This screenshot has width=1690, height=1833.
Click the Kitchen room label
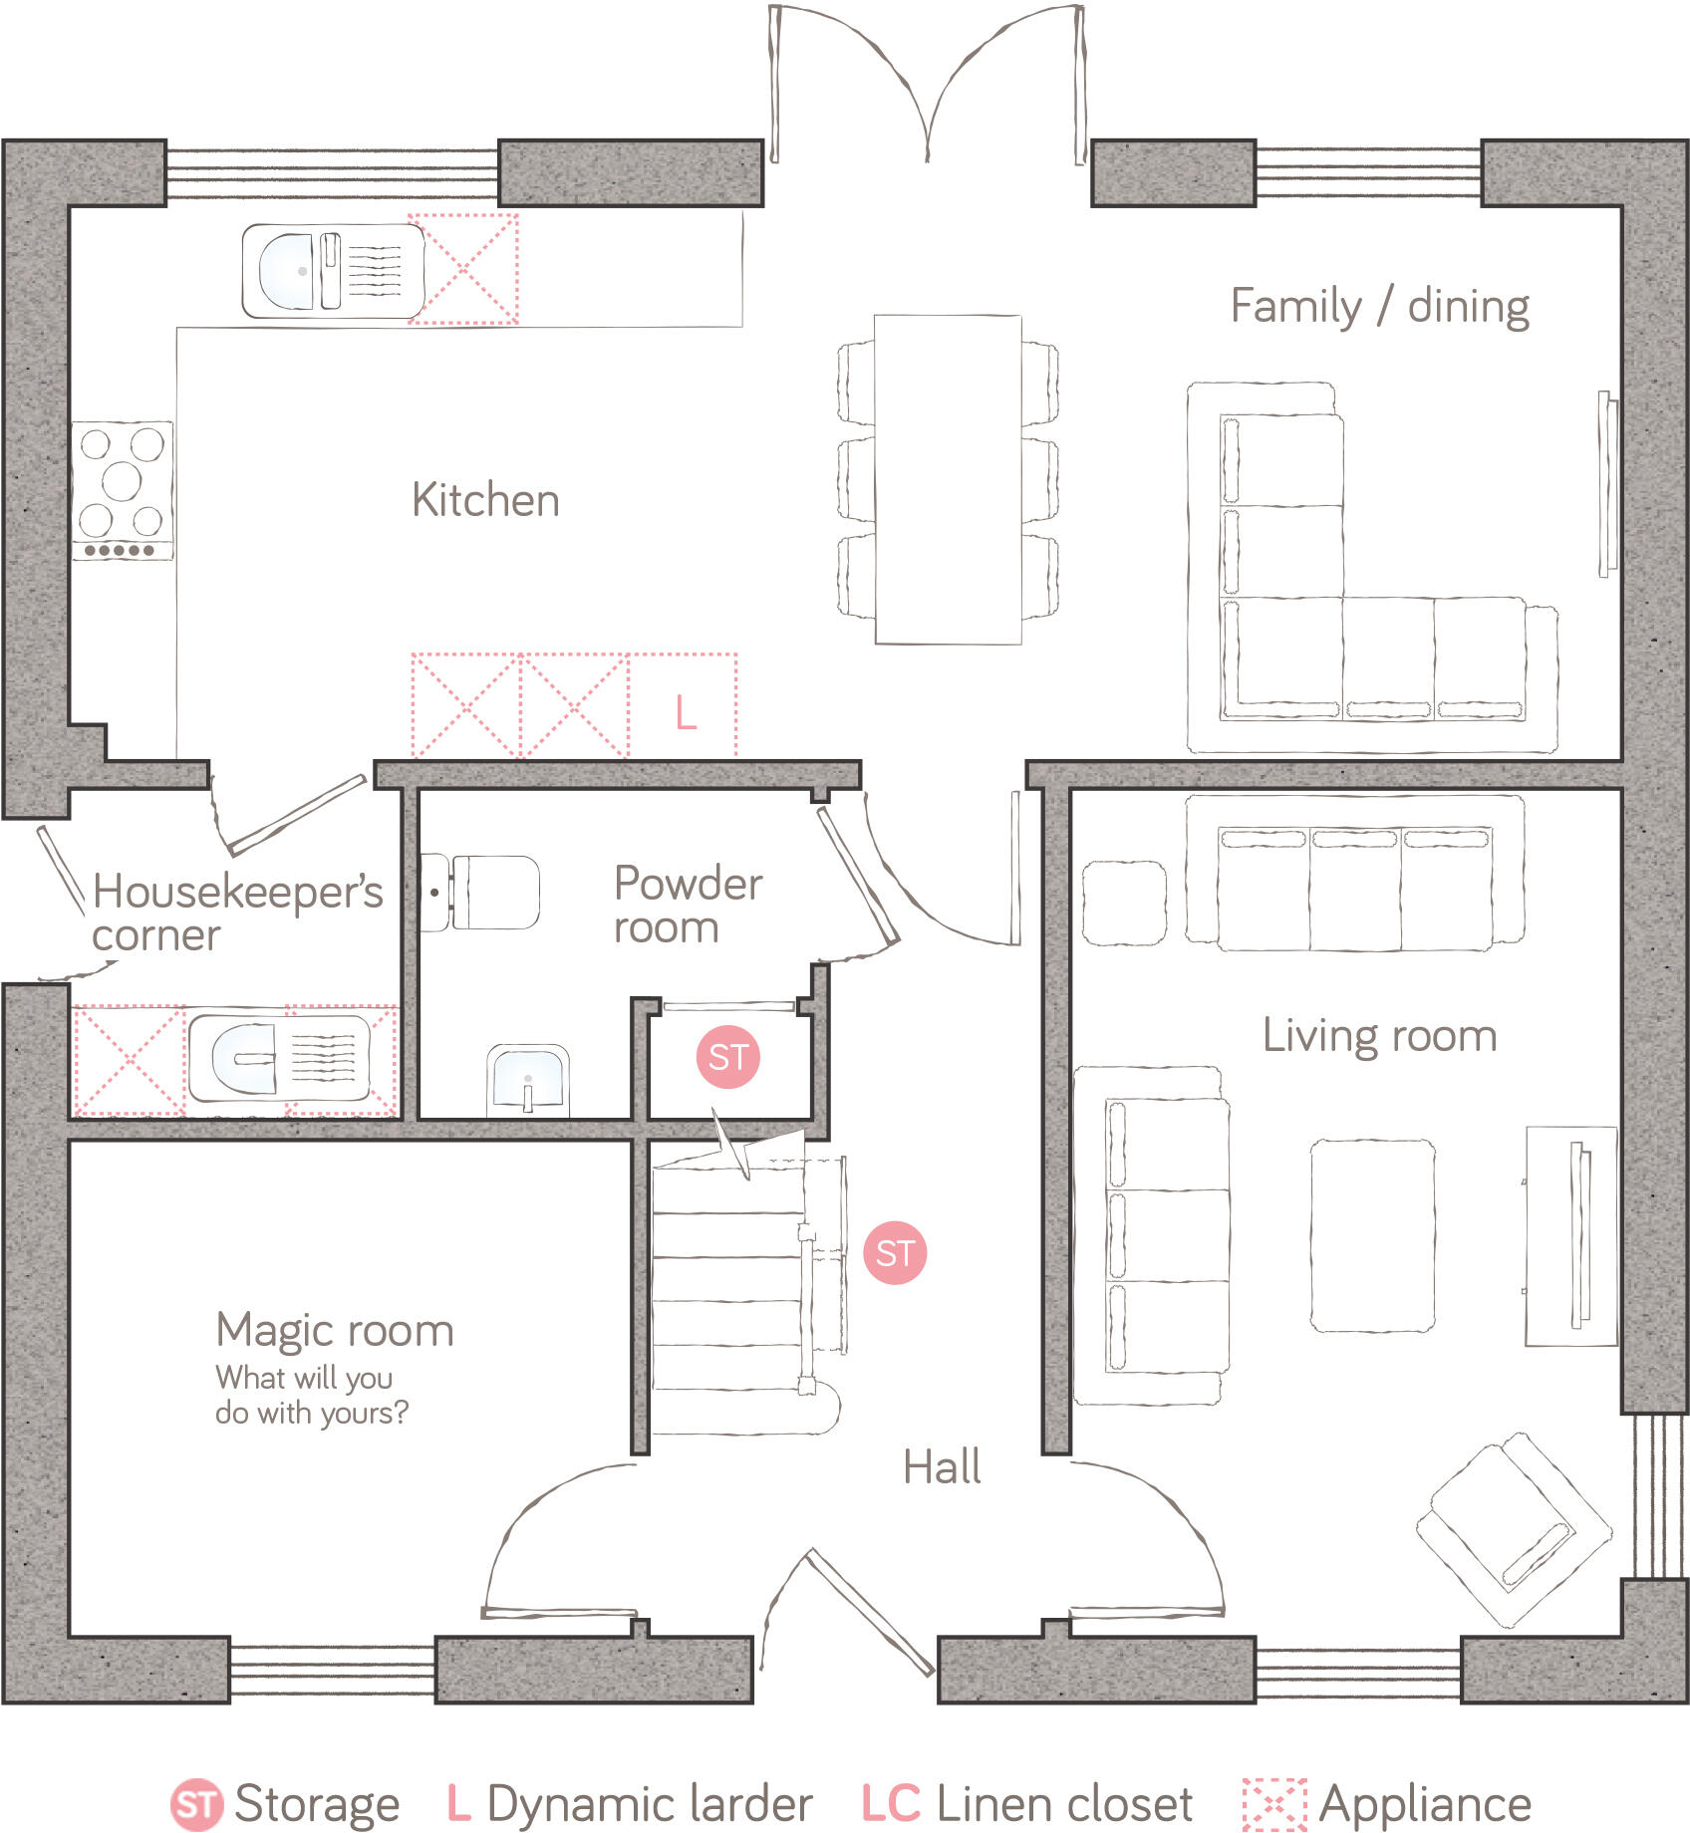[485, 500]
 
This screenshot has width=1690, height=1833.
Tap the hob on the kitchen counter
[122, 489]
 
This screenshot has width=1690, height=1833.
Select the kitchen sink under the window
[333, 271]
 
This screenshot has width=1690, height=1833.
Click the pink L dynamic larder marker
[686, 712]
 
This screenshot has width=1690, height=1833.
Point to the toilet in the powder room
[482, 892]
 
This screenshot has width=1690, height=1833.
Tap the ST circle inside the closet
[727, 1057]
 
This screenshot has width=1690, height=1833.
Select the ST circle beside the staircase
[895, 1253]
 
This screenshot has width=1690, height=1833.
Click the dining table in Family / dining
[948, 479]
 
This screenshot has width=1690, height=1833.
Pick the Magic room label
[335, 1331]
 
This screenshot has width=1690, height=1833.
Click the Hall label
[942, 1467]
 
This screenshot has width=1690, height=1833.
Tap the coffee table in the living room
[1372, 1236]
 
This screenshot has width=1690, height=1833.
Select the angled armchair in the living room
[1513, 1531]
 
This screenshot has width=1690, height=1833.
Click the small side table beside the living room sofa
[1124, 903]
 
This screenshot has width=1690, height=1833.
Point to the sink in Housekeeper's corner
[279, 1059]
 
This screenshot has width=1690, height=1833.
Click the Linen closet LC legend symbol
[891, 1804]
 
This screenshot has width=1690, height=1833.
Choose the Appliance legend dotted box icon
[1273, 1804]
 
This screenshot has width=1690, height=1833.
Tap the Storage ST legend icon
[196, 1805]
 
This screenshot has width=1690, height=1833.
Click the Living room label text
[1379, 1036]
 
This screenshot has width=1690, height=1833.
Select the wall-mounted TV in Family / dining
[1606, 484]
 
